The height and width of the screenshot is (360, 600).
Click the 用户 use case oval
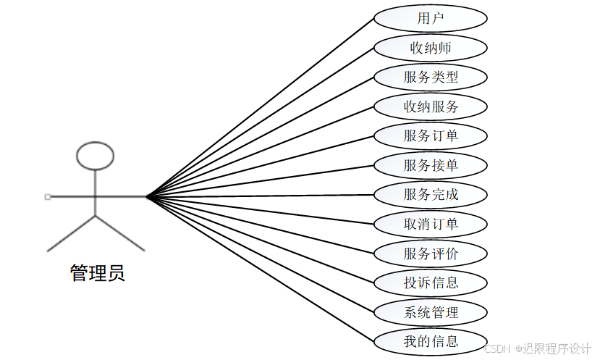pos(431,18)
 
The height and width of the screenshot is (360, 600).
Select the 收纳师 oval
pos(431,48)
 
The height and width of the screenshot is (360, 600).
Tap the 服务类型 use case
pos(431,77)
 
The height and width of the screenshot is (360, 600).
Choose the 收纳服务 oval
pos(431,106)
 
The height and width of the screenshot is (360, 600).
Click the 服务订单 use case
pos(431,135)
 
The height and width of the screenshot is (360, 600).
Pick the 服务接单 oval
pos(431,165)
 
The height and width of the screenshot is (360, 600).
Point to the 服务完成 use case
pos(431,194)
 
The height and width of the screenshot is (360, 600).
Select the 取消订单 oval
pos(431,224)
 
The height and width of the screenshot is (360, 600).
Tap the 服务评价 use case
pos(431,254)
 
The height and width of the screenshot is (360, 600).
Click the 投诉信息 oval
pos(431,282)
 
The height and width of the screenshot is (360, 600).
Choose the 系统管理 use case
pos(431,312)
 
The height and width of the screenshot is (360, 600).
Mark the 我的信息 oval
pos(431,340)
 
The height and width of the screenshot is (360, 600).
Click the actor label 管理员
pos(97,273)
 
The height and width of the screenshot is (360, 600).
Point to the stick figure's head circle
pos(96,155)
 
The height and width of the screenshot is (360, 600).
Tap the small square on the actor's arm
pos(47,196)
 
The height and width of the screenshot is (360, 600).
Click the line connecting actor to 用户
pos(261,106)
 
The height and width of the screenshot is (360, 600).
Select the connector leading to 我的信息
pos(261,269)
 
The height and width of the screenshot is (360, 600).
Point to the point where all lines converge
pos(147,196)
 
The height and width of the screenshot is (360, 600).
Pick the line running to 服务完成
pos(261,196)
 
